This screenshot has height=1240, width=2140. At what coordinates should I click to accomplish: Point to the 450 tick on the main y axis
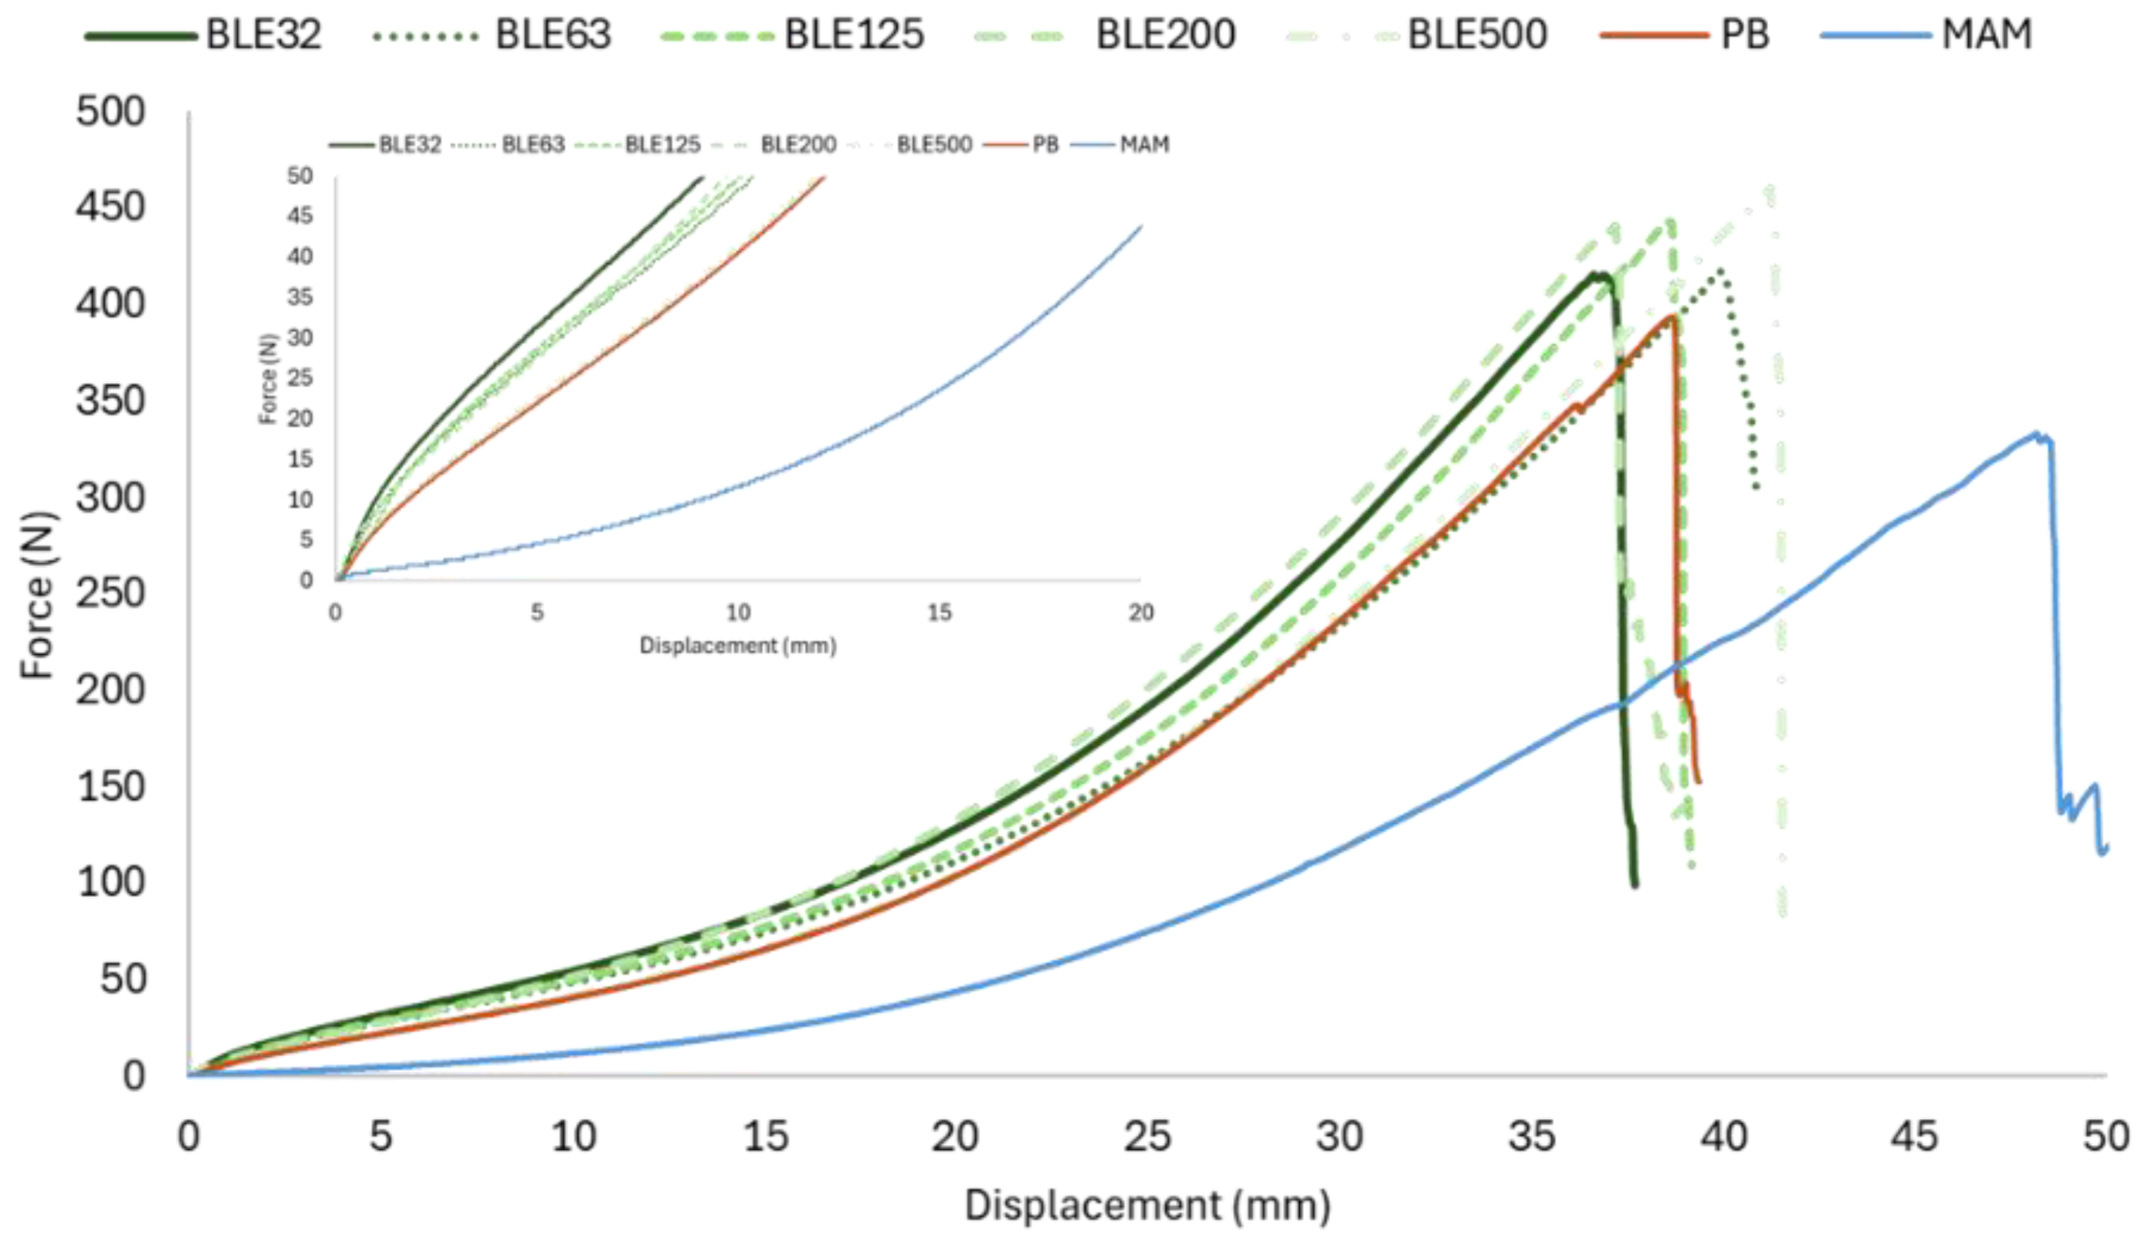(x=111, y=206)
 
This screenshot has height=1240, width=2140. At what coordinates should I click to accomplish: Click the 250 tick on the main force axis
(x=111, y=593)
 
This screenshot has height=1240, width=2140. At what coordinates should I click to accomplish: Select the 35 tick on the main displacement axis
(x=1531, y=1136)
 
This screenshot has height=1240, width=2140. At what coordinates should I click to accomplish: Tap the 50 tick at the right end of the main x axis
(x=2106, y=1136)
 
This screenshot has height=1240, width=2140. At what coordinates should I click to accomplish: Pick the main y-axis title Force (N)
(x=39, y=594)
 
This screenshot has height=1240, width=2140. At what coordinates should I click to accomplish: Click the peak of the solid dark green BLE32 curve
(x=1597, y=274)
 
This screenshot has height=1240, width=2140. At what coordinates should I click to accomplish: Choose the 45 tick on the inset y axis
(x=300, y=216)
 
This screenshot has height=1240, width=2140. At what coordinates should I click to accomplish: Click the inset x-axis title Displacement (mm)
(x=737, y=646)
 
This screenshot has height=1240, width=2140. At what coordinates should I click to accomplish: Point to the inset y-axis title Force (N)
(x=267, y=379)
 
